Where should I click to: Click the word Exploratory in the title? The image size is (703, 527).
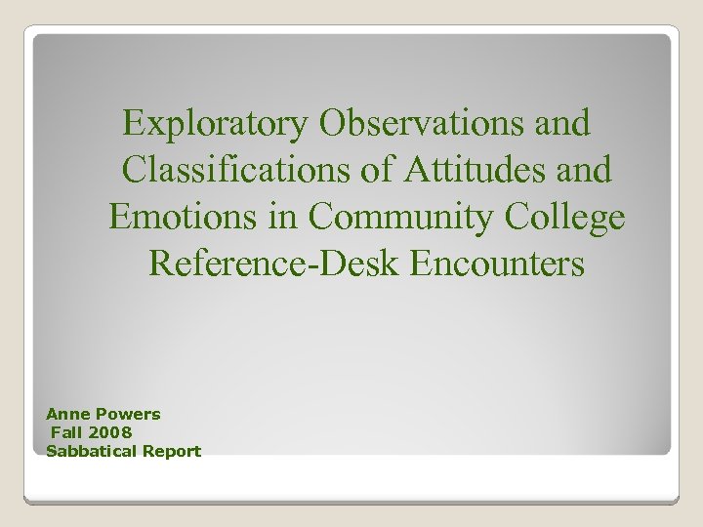(x=215, y=124)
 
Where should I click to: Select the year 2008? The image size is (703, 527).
(x=112, y=432)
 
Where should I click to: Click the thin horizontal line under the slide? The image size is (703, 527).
(x=351, y=502)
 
